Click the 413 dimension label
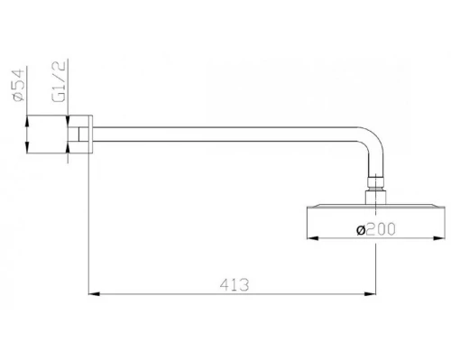click(235, 284)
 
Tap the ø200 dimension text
click(376, 229)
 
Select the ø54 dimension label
click(19, 85)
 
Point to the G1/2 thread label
click(59, 81)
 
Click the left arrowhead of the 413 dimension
click(94, 293)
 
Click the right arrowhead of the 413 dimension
click(370, 293)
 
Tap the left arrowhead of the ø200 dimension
click(313, 238)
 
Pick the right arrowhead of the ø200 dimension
click(438, 238)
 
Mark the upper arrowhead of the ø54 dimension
click(27, 121)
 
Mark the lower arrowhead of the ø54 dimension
click(27, 147)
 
